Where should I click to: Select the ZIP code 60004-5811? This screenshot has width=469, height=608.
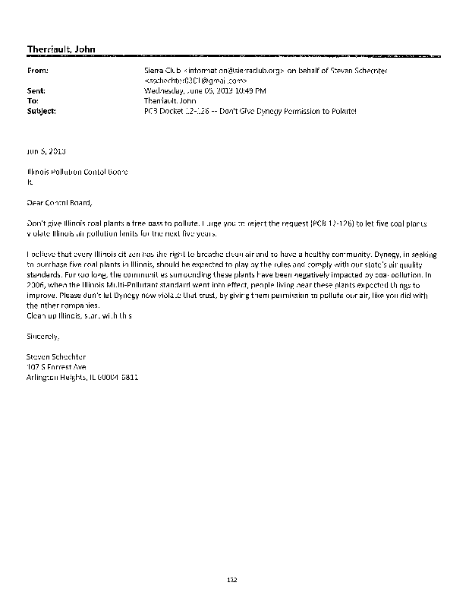pyautogui.click(x=121, y=376)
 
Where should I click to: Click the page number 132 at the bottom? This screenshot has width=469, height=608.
pyautogui.click(x=233, y=580)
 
